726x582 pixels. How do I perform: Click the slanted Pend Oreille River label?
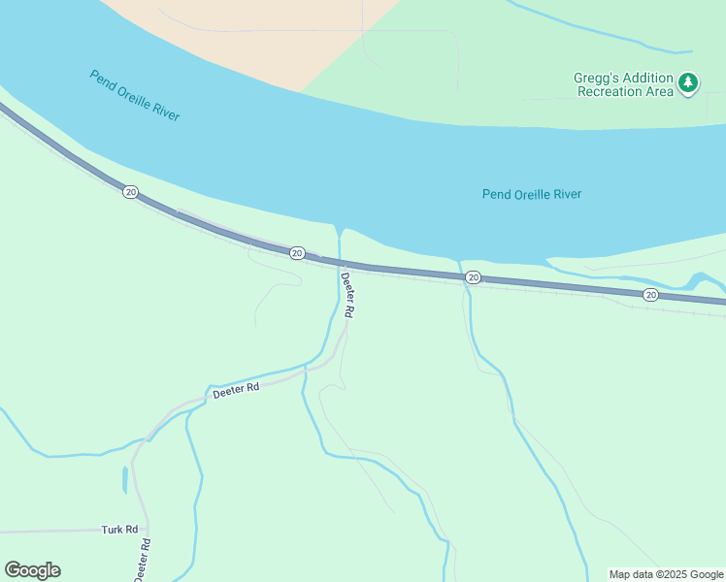tap(135, 94)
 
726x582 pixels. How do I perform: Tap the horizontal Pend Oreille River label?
tap(532, 194)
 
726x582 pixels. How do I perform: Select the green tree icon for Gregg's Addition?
tap(688, 82)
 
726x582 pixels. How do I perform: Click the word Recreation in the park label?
tap(610, 92)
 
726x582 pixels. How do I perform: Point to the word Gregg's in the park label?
tap(594, 79)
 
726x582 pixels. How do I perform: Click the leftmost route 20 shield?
tap(130, 192)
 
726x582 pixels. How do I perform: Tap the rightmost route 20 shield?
tap(650, 294)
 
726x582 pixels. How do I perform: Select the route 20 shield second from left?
tap(297, 253)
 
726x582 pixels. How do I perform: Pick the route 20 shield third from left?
tap(473, 277)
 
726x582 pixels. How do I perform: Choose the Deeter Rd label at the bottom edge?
tap(142, 560)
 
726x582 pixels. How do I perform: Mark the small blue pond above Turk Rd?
tap(125, 479)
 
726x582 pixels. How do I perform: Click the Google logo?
tap(32, 570)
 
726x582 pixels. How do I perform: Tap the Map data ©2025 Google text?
tap(666, 574)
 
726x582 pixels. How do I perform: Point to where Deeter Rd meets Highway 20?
tap(341, 264)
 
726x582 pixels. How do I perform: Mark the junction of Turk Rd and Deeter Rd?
tap(147, 531)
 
